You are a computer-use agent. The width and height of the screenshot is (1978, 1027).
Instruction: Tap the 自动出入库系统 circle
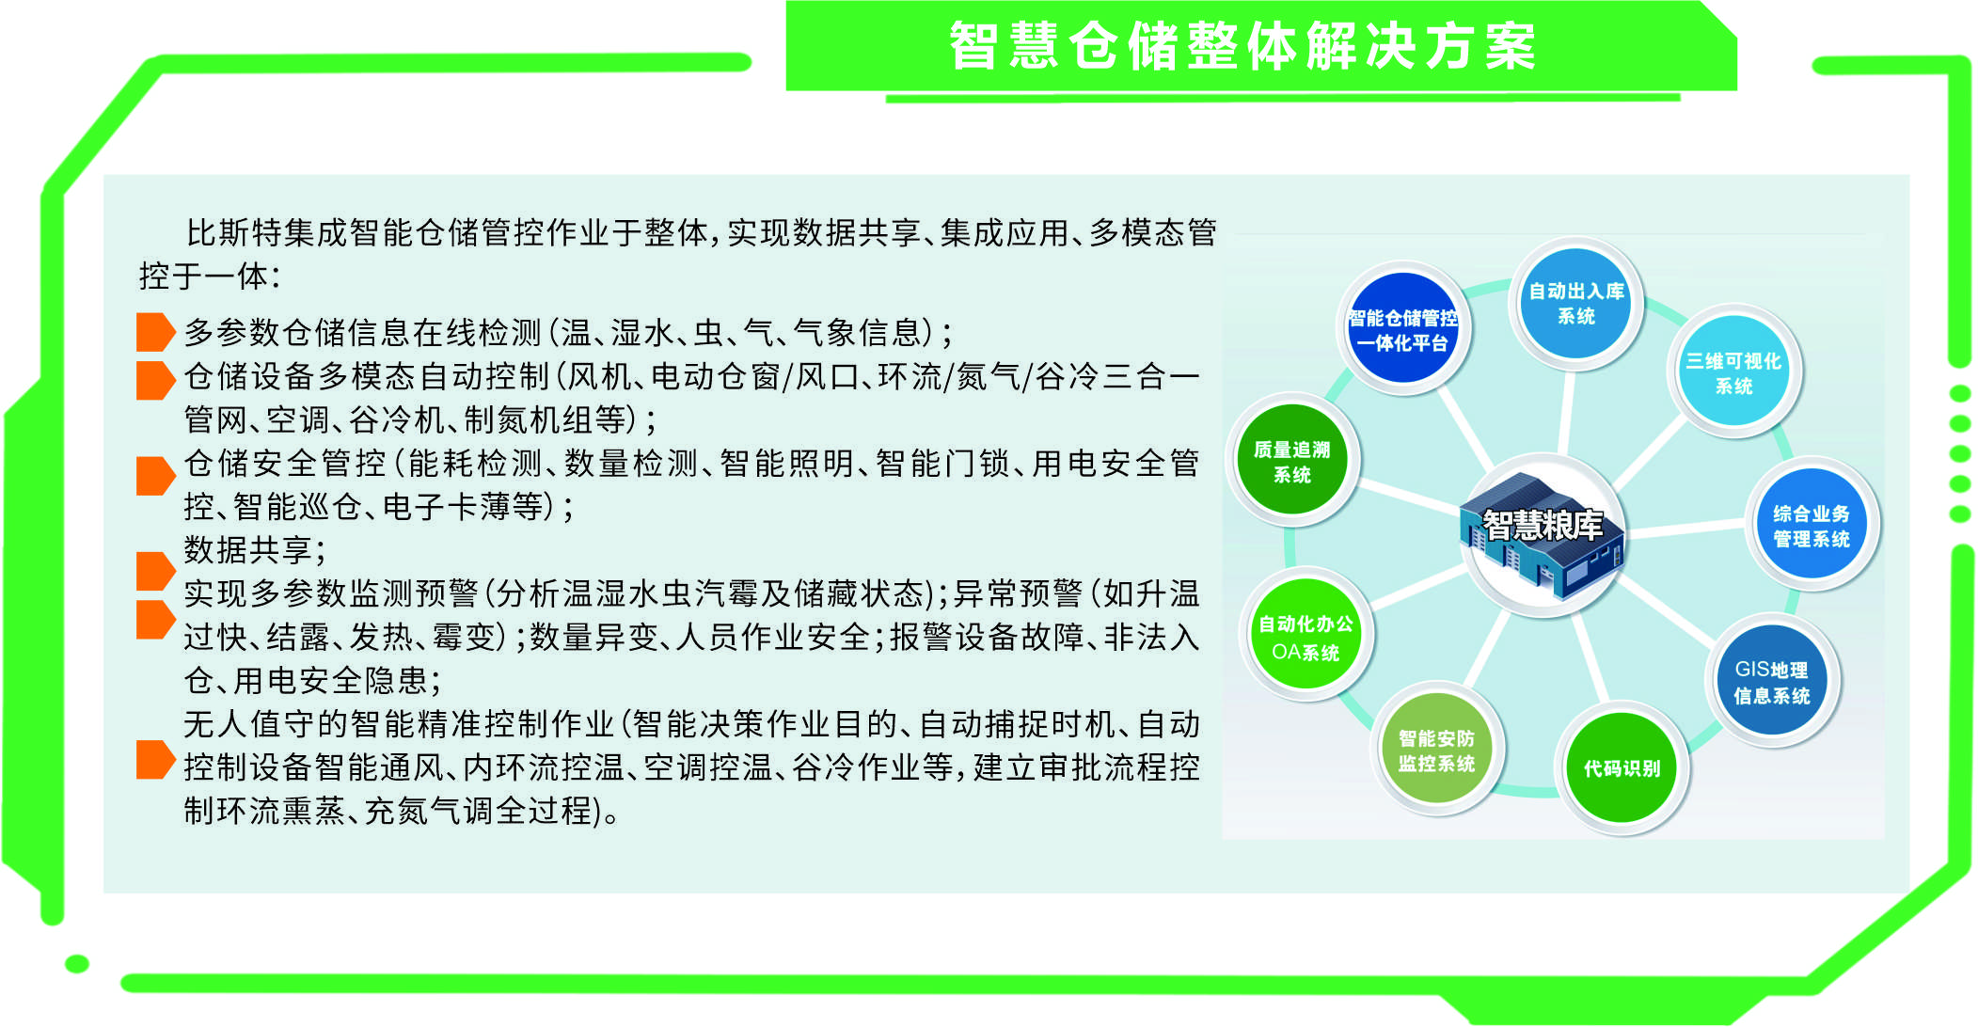[x=1576, y=304]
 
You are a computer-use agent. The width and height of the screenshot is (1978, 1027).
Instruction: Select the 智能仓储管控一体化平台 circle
[x=1402, y=328]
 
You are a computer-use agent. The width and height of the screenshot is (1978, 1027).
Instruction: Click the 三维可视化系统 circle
[x=1734, y=372]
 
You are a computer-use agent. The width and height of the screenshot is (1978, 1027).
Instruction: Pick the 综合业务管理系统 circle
[x=1812, y=526]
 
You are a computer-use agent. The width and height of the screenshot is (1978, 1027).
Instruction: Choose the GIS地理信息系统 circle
[x=1772, y=682]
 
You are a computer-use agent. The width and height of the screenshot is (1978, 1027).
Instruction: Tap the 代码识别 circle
[x=1622, y=768]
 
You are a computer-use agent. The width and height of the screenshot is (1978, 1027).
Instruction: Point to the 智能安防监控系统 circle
[x=1436, y=750]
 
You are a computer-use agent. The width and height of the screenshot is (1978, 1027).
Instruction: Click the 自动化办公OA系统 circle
[x=1305, y=637]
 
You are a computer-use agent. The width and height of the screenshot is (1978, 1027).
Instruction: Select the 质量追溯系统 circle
[x=1292, y=461]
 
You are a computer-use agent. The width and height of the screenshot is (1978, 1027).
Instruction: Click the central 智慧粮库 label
[x=1543, y=525]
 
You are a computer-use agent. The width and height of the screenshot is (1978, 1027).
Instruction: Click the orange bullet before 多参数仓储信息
[x=155, y=332]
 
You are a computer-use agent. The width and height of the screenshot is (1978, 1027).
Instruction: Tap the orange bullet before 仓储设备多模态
[x=155, y=380]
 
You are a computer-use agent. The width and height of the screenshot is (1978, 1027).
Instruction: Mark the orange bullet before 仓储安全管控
[x=155, y=476]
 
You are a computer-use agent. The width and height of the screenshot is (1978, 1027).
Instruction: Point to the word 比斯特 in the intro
[x=234, y=232]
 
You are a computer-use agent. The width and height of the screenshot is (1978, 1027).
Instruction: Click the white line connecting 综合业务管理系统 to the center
[x=1687, y=529]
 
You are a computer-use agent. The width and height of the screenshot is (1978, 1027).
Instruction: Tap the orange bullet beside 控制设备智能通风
[x=155, y=760]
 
